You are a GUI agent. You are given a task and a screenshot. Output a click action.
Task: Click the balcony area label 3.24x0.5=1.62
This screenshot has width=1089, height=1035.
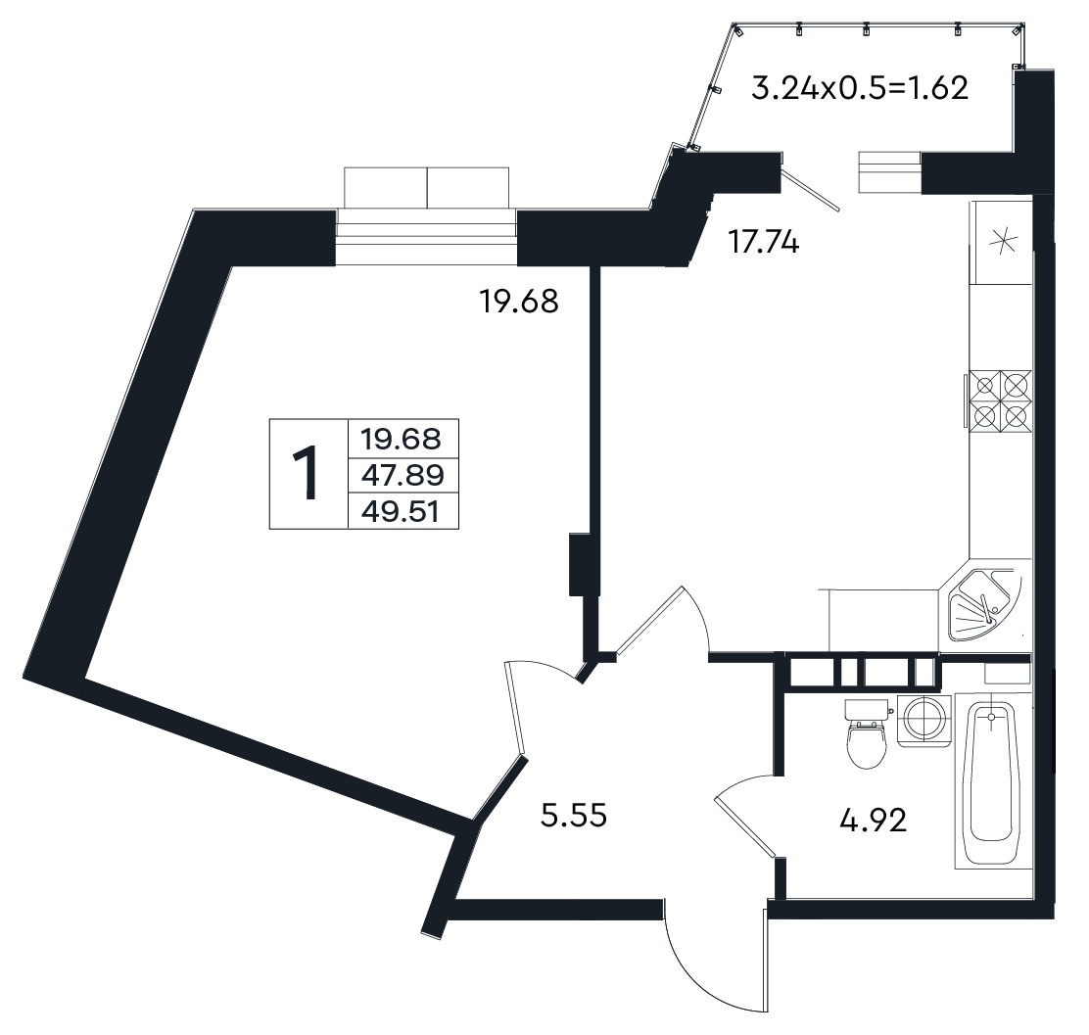click(x=860, y=88)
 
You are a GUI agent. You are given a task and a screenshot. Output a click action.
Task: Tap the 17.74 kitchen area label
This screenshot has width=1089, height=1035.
click(x=763, y=243)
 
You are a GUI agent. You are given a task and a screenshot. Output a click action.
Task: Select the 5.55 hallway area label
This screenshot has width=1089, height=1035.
click(x=574, y=815)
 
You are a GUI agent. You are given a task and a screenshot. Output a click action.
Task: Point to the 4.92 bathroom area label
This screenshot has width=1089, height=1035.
click(x=873, y=822)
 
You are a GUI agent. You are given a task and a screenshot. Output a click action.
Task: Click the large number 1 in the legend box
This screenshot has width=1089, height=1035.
click(x=307, y=473)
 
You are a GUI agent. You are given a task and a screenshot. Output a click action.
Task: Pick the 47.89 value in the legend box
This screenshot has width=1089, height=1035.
click(x=402, y=476)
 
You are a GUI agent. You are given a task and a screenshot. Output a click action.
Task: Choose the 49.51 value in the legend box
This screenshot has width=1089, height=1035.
click(x=401, y=512)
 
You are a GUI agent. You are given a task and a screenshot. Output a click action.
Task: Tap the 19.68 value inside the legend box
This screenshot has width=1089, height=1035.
click(x=401, y=439)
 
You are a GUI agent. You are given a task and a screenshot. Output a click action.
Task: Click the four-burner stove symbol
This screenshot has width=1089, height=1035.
click(x=1002, y=400)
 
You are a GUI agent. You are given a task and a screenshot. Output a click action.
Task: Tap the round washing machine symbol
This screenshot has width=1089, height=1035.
click(x=923, y=721)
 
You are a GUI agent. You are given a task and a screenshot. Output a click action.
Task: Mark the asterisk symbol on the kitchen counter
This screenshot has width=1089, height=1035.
click(x=1002, y=243)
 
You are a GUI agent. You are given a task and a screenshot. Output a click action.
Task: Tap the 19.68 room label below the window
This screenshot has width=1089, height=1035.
click(x=519, y=302)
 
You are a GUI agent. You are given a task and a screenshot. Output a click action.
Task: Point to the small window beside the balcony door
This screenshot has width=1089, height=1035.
click(x=890, y=171)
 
